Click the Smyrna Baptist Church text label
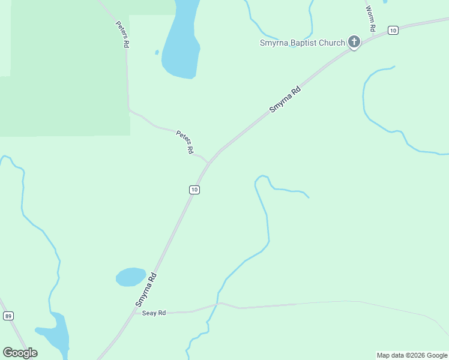click(302, 43)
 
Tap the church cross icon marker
click(354, 43)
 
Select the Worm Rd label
click(371, 20)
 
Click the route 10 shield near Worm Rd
click(393, 30)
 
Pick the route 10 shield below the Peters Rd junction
click(194, 190)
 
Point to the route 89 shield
click(8, 316)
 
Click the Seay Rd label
click(154, 313)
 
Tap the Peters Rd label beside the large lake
click(123, 35)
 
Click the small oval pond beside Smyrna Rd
click(130, 277)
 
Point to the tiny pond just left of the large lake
click(157, 52)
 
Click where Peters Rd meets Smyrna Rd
click(209, 163)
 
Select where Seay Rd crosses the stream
click(217, 304)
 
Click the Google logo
click(20, 353)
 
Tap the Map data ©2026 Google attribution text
click(412, 355)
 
